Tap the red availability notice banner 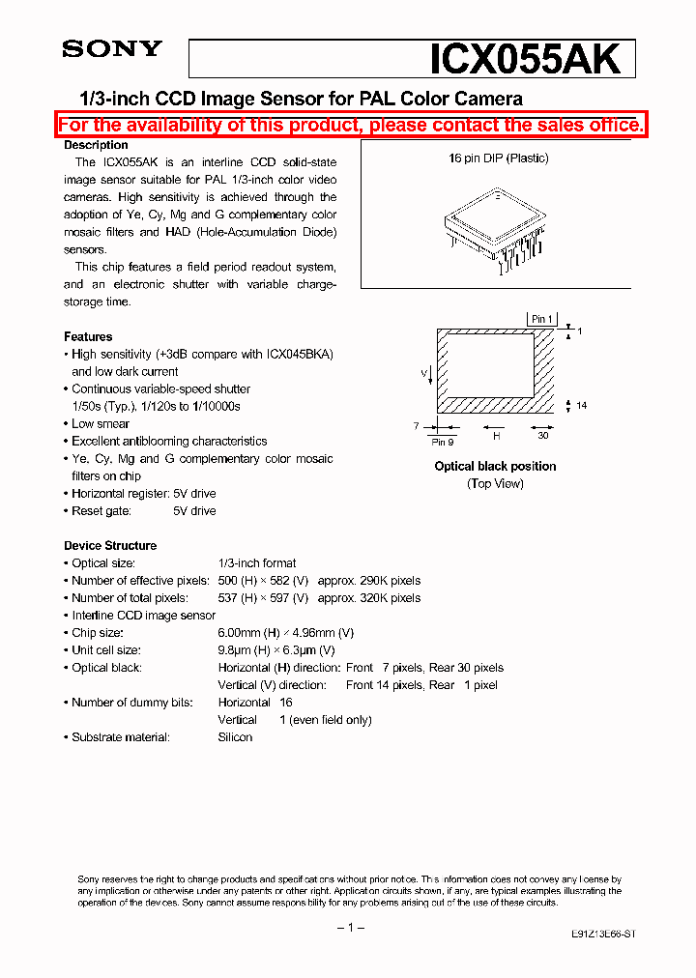[350, 125]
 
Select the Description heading [96, 145]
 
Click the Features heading [88, 336]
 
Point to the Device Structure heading [110, 545]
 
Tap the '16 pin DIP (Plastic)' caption [498, 158]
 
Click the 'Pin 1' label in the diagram [542, 319]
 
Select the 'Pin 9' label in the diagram [444, 442]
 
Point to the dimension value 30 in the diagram [542, 435]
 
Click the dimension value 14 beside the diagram [581, 406]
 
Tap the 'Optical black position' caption [495, 466]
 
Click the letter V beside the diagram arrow [422, 371]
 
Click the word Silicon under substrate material [235, 736]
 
